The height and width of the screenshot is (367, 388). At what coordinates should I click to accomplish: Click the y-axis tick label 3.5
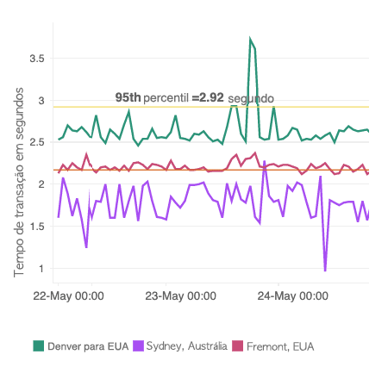tap(35, 59)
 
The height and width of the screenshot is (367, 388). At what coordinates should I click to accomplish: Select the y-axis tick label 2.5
tap(35, 142)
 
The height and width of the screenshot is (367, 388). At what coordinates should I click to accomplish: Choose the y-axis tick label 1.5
tap(35, 226)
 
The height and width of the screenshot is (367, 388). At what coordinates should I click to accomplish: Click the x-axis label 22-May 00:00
tap(69, 296)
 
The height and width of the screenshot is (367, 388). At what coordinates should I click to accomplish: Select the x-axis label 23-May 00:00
tap(181, 296)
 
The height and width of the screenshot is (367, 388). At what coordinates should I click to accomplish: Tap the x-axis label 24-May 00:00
tap(293, 296)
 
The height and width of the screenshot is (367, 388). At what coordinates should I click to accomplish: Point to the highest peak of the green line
tap(250, 40)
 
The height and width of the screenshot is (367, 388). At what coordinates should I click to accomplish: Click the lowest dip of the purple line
tap(325, 271)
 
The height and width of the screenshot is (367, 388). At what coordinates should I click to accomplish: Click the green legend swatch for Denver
tap(39, 346)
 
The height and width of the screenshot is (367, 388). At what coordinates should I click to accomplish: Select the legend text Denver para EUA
tap(88, 346)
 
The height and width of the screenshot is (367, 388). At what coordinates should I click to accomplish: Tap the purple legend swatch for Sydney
tap(138, 346)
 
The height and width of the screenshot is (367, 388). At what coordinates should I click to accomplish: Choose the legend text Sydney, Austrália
tap(187, 346)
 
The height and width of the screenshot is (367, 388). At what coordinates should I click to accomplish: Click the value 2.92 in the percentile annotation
tap(211, 97)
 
